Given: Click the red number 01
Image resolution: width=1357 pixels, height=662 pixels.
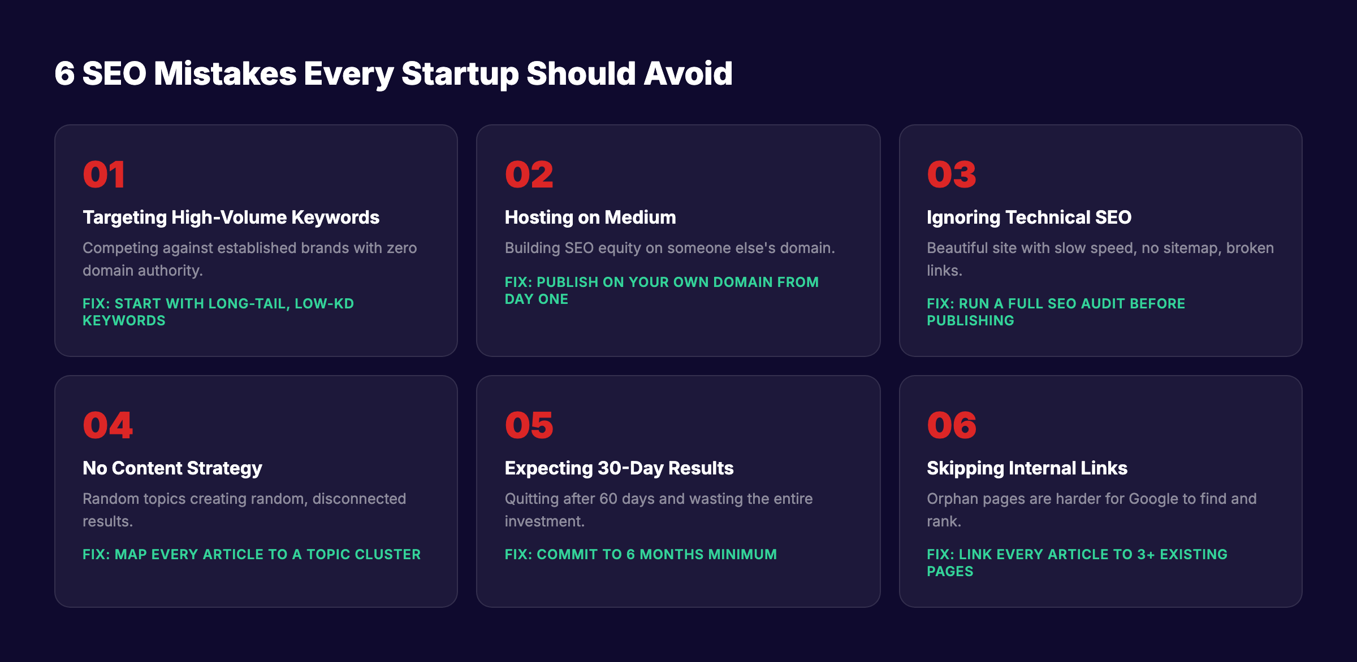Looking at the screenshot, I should [x=103, y=175].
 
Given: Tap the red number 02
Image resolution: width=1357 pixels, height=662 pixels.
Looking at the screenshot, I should [x=529, y=175].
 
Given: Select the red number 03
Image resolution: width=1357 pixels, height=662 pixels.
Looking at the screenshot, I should [x=951, y=175].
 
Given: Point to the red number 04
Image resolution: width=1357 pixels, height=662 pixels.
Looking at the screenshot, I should [x=107, y=425].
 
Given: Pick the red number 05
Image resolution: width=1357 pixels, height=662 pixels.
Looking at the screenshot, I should [x=529, y=425].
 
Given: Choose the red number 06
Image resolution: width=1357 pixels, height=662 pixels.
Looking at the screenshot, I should [x=951, y=425].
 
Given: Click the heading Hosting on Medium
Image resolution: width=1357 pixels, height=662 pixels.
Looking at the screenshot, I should [x=590, y=217].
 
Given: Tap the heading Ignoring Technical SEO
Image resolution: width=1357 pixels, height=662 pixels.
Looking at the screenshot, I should [x=1028, y=217].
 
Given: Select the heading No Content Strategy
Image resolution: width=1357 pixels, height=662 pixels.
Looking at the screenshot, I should [x=172, y=468].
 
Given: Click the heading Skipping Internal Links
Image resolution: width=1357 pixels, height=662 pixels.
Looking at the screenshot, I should [x=1026, y=468].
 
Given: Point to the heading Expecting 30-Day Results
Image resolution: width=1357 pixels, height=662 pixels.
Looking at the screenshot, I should [x=619, y=468].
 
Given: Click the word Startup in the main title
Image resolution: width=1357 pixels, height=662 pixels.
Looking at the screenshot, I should [x=460, y=74].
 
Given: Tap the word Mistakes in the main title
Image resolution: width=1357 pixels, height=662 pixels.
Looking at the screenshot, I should [x=225, y=74].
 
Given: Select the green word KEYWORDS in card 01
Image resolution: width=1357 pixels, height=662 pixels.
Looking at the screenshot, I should [x=124, y=321].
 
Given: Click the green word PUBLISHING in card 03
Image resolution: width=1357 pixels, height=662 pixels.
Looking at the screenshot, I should [x=970, y=321].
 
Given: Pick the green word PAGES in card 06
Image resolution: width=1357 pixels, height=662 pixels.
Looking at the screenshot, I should [x=950, y=572].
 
